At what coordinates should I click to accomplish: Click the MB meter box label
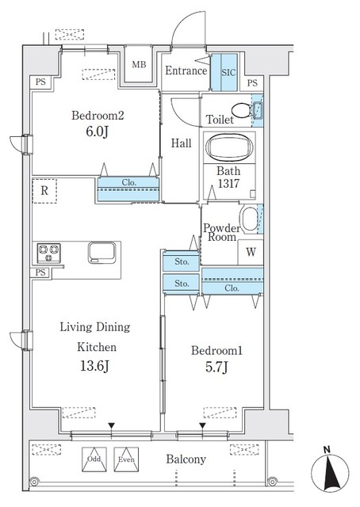click(139, 65)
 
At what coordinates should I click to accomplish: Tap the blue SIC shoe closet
click(224, 72)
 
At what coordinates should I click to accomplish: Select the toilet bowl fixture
click(241, 111)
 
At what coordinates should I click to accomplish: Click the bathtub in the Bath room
click(229, 147)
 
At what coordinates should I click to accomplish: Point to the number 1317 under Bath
click(228, 184)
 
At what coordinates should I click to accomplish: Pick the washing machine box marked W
click(251, 252)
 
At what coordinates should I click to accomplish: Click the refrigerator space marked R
click(44, 191)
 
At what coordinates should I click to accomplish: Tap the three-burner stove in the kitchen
click(49, 253)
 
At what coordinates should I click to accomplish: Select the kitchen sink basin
click(102, 253)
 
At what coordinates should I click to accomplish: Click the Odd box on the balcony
click(94, 459)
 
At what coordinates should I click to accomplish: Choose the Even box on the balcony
click(126, 459)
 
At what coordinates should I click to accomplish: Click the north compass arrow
click(330, 471)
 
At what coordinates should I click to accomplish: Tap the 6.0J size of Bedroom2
click(97, 132)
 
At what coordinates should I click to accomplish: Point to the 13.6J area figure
click(94, 366)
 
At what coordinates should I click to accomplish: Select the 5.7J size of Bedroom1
click(216, 367)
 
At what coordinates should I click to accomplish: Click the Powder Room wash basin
click(250, 219)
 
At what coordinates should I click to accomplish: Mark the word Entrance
click(186, 71)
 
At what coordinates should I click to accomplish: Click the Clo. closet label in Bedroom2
click(128, 182)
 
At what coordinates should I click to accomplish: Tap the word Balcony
click(186, 459)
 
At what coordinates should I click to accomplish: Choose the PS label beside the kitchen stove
click(40, 273)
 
